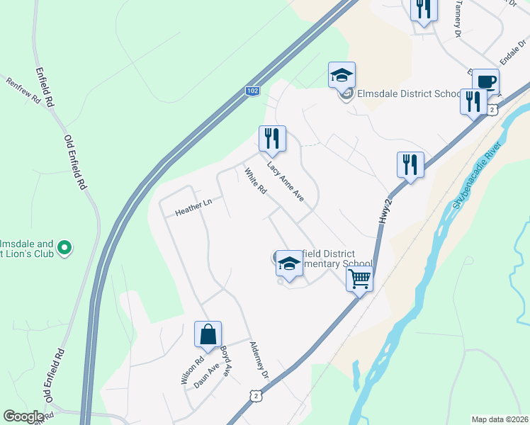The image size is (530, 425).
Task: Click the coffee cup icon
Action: click(x=485, y=81)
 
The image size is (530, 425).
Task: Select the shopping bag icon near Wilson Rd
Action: click(x=208, y=334)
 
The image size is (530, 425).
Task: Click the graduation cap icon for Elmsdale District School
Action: click(x=342, y=75)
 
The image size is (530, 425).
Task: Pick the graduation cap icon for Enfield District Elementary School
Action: click(x=289, y=263)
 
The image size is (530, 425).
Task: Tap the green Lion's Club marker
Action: click(x=64, y=248)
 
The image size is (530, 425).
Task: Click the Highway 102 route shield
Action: click(x=252, y=91)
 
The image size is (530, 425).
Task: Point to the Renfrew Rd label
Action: click(x=23, y=91)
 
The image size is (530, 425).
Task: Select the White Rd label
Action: click(x=254, y=181)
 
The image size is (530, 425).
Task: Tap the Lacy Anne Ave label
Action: click(x=285, y=182)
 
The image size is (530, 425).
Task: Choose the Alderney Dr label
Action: click(x=259, y=359)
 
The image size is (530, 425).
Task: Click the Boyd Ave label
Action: click(x=226, y=361)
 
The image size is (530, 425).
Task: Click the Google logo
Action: click(x=23, y=416)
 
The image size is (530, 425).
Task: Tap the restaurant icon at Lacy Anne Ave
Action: click(x=272, y=138)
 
